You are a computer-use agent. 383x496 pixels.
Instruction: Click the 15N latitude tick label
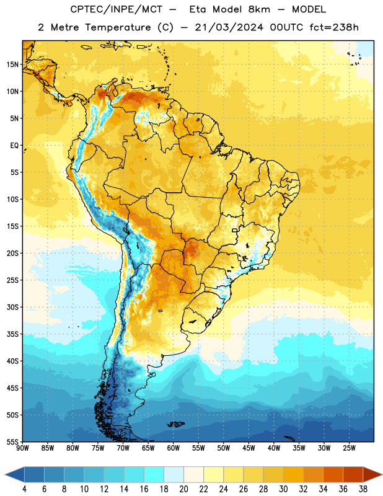(12, 64)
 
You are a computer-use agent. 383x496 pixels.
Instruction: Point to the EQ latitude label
(14, 146)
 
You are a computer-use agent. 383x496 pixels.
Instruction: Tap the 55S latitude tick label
(12, 442)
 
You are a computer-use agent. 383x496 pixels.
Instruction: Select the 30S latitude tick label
(12, 307)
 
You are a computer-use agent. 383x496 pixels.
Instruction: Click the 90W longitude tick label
(23, 448)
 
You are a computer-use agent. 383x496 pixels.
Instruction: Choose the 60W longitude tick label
(174, 448)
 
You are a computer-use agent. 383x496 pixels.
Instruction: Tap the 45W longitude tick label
(249, 448)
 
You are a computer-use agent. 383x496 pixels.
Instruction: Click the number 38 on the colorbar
(363, 489)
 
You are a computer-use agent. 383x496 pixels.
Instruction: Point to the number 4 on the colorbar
(24, 489)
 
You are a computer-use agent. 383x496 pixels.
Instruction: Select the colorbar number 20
(183, 489)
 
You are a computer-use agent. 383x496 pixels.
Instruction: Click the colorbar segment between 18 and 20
(174, 474)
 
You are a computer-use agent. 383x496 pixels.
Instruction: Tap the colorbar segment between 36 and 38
(353, 474)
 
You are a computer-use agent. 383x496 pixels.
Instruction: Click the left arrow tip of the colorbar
(5, 474)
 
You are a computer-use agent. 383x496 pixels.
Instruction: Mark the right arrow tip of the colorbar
(382, 474)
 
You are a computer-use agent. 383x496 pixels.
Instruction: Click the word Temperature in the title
(118, 27)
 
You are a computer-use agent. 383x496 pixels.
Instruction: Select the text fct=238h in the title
(334, 27)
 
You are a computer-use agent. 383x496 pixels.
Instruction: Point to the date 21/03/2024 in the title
(229, 27)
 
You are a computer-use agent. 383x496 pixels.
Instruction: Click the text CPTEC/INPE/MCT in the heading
(116, 9)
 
